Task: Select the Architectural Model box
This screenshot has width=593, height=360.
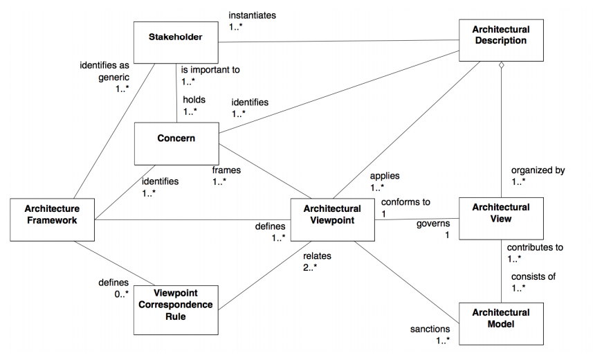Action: coord(500,318)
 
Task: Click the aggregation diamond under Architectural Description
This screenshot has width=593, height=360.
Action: coord(501,66)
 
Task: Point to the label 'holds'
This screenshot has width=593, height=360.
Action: coord(194,100)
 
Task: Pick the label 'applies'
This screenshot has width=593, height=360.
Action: coord(385,176)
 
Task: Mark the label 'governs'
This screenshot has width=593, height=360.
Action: coord(433,224)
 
